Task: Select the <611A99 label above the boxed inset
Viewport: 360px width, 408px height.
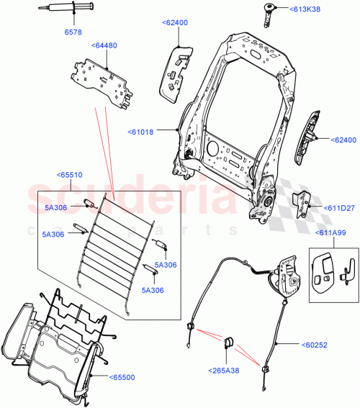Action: click(330, 234)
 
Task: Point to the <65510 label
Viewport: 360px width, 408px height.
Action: click(70, 174)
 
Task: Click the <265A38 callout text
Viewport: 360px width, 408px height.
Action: click(225, 373)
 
